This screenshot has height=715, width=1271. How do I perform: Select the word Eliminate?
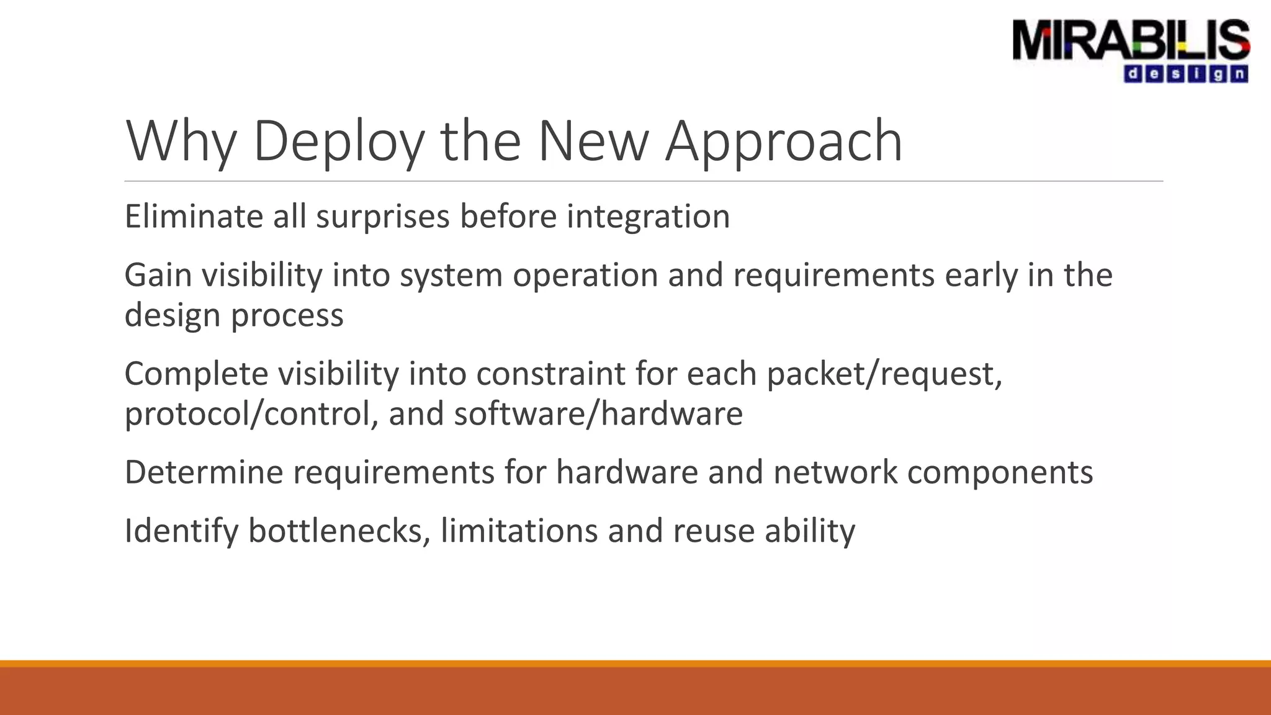click(193, 217)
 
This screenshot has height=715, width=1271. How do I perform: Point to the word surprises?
click(382, 217)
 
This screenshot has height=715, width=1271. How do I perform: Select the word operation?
click(585, 275)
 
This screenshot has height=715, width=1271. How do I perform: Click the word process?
click(287, 315)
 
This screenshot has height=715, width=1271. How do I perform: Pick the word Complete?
click(195, 374)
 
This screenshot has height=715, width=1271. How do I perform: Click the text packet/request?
click(884, 374)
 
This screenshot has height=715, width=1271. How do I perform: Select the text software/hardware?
click(598, 414)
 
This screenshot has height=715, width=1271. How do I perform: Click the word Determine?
click(204, 472)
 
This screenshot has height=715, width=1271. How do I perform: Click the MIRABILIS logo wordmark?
click(1131, 40)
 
